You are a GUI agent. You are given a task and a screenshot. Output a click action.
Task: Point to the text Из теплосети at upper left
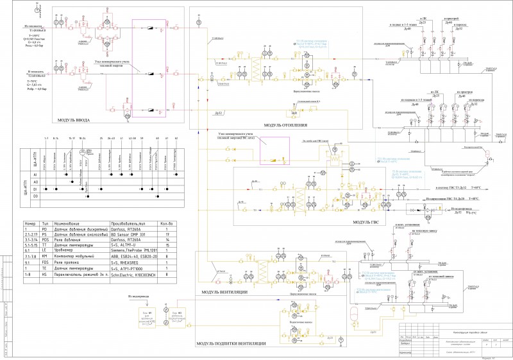(33, 26)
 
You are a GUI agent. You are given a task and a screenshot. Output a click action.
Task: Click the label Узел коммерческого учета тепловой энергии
(114, 63)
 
